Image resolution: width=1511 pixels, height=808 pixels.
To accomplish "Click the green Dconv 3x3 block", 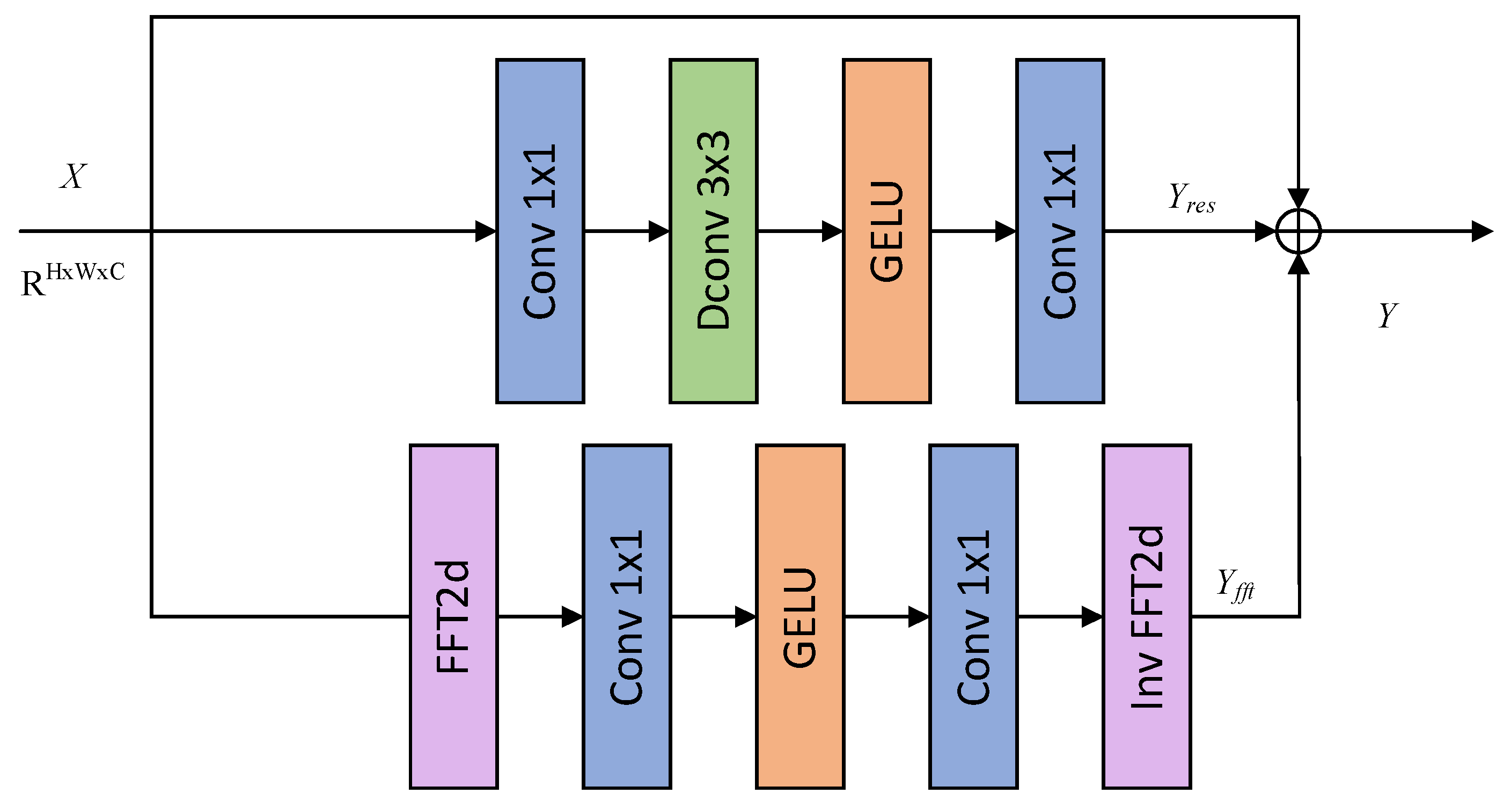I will point(713,231).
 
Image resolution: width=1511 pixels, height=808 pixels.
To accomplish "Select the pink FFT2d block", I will point(453,616).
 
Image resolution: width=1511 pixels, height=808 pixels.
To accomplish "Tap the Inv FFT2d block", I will point(1146,616).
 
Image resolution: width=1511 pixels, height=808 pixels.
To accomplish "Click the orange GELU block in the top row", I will point(886,231).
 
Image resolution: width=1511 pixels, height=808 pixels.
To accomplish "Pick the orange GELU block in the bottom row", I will point(799,616).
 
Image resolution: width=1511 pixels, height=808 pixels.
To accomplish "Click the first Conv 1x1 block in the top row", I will point(540,231).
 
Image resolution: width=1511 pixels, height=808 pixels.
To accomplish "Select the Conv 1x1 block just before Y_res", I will point(1059,231).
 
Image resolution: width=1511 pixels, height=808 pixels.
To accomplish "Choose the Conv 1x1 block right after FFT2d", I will point(627,616).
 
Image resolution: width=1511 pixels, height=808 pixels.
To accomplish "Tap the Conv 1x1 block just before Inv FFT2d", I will point(973,616).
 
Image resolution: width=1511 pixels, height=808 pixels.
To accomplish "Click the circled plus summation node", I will point(1299,231).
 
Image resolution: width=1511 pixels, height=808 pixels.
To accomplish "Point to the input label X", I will point(74,176).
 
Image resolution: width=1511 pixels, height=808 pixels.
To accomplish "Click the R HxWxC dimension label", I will point(72,280).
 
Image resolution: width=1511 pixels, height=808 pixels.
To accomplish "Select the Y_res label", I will point(1191,198).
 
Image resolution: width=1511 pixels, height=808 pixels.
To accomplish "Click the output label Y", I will point(1388,315).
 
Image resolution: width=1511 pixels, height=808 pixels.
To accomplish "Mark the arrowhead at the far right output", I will point(1481,231).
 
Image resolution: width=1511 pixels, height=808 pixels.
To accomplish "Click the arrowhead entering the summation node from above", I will point(1299,198).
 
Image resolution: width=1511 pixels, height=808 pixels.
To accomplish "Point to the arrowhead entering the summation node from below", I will point(1299,264).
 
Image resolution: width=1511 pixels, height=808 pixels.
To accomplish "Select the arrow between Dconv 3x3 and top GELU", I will point(800,231).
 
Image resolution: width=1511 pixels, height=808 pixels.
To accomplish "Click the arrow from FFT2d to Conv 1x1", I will point(540,617).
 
